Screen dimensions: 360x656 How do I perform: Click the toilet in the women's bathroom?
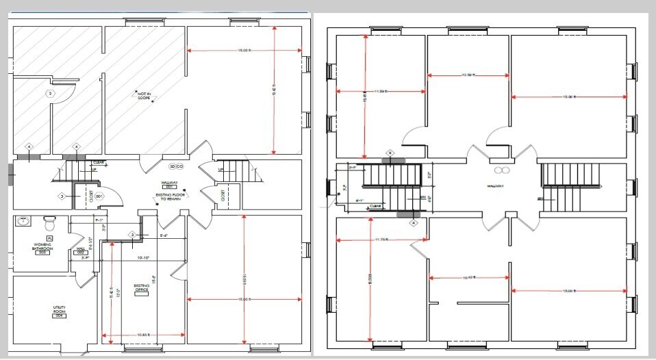coord(49,223)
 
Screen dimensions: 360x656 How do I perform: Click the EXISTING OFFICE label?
coord(142,288)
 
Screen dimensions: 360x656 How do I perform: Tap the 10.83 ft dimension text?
coord(143,334)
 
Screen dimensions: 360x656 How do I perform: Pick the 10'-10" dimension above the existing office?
coord(144,258)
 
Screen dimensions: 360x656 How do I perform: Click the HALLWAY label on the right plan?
coord(499,185)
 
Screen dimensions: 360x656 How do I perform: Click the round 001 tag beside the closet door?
coord(99,196)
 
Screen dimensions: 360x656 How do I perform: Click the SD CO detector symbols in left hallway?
coord(176,166)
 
